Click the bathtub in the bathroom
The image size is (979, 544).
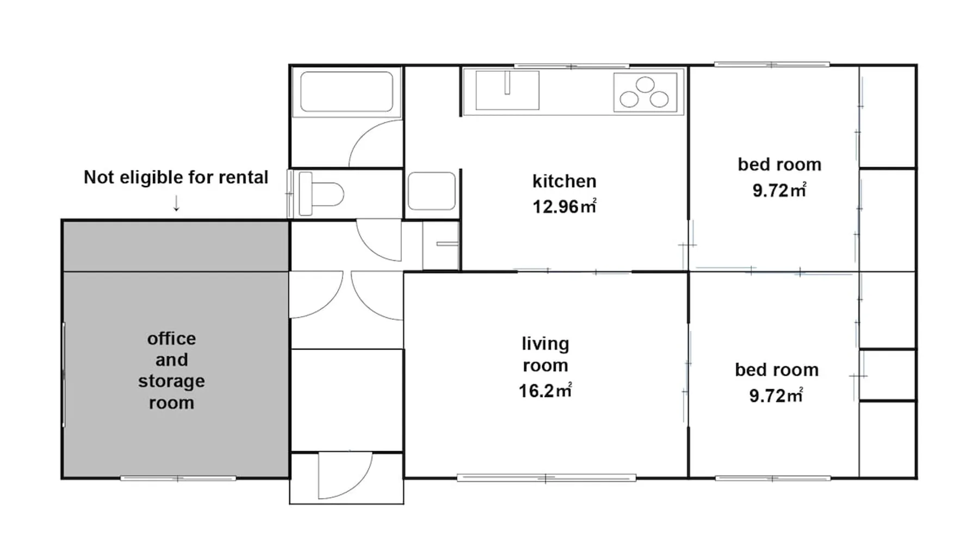tap(346, 91)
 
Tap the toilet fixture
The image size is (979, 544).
tap(321, 194)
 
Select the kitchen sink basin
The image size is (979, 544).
tap(507, 90)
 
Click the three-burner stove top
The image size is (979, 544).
tap(646, 92)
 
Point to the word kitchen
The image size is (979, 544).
tap(564, 181)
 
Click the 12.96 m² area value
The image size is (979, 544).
tap(564, 207)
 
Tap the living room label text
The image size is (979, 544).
tap(545, 355)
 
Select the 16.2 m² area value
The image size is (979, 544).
tap(545, 391)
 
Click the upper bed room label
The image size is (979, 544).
tap(779, 164)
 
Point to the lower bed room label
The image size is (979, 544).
tap(777, 370)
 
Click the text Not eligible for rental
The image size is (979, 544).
tap(176, 177)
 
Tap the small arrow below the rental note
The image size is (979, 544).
tap(176, 203)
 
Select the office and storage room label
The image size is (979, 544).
tap(171, 370)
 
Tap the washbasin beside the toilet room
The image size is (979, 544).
tap(431, 191)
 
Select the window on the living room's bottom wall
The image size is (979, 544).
tap(546, 478)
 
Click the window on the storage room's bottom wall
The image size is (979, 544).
tap(178, 479)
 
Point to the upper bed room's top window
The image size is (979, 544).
tap(772, 65)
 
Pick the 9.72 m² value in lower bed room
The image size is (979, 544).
tap(776, 395)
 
